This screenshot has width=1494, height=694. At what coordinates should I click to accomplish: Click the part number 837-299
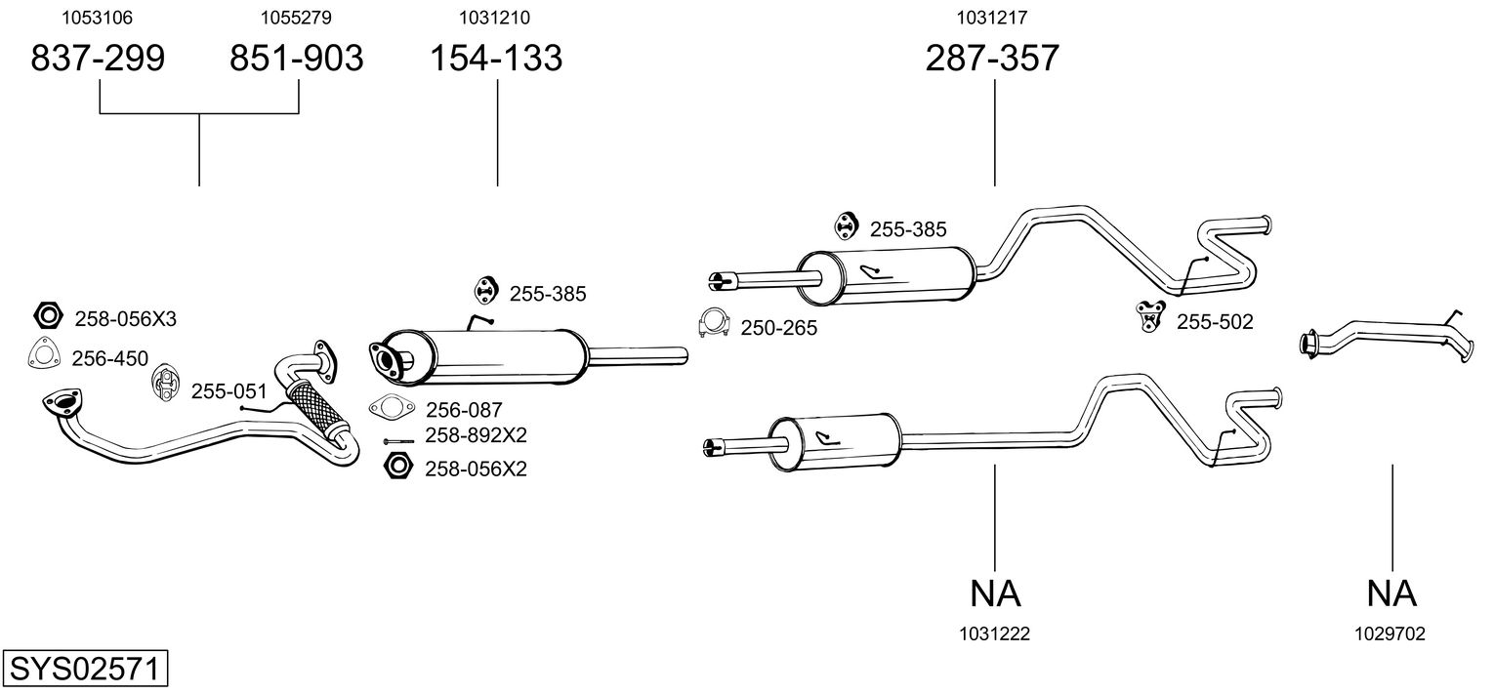click(99, 59)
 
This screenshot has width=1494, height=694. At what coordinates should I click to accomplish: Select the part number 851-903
click(297, 59)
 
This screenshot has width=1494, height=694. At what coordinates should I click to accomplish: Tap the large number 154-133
click(497, 59)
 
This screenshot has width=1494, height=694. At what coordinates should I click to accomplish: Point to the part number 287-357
click(992, 59)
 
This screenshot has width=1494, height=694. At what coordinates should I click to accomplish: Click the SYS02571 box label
click(85, 671)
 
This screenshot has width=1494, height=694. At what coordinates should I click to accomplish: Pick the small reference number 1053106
click(98, 18)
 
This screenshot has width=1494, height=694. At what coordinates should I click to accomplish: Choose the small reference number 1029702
click(1390, 633)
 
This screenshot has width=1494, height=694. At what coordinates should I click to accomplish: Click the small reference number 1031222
click(994, 633)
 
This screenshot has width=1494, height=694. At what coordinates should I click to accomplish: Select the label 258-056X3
click(125, 318)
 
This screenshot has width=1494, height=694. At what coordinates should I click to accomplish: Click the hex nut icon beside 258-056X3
click(47, 315)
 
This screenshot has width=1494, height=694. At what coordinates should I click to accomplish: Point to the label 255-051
click(228, 391)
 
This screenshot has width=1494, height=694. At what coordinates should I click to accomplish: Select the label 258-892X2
click(476, 435)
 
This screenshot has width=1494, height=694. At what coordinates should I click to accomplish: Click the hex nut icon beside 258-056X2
click(396, 467)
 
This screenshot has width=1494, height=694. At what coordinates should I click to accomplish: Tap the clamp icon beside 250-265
click(716, 324)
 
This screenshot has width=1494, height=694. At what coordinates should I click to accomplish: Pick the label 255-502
click(1214, 321)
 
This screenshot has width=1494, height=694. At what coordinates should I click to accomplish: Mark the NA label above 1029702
click(1391, 592)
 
